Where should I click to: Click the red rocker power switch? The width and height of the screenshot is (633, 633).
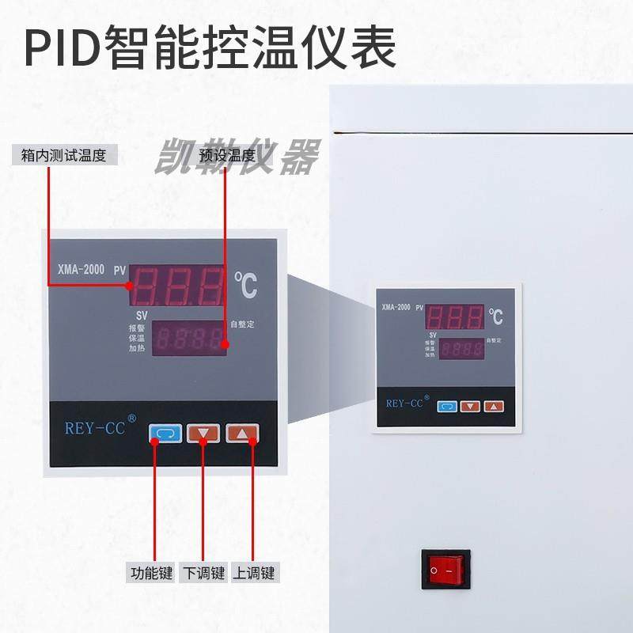point(445,570)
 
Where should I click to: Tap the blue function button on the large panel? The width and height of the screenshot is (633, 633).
point(165,434)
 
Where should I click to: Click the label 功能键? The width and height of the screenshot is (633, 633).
point(150,573)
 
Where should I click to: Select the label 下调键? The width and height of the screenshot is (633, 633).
point(203,573)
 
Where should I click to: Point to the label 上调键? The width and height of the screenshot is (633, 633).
point(253,573)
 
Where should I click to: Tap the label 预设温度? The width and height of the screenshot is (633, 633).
point(227,155)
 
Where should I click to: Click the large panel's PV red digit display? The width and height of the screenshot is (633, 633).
point(178,285)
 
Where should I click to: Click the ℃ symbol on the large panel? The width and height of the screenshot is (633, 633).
point(246,286)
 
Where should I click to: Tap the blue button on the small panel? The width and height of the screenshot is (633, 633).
point(446,406)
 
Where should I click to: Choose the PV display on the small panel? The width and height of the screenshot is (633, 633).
point(454,317)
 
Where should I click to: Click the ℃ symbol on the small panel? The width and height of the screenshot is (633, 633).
point(495,317)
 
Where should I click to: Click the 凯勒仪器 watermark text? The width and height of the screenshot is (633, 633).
point(237,157)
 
